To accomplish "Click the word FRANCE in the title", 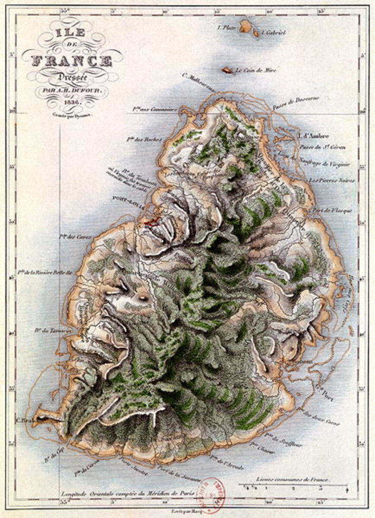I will [72, 61].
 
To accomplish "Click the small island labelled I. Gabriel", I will [256, 33].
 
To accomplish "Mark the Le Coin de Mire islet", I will [227, 70].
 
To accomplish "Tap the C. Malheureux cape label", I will [198, 82].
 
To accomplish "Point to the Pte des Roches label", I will [144, 139].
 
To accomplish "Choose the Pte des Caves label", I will [75, 236].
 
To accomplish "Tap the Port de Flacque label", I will [332, 210].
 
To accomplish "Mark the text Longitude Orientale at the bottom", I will [91, 493].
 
